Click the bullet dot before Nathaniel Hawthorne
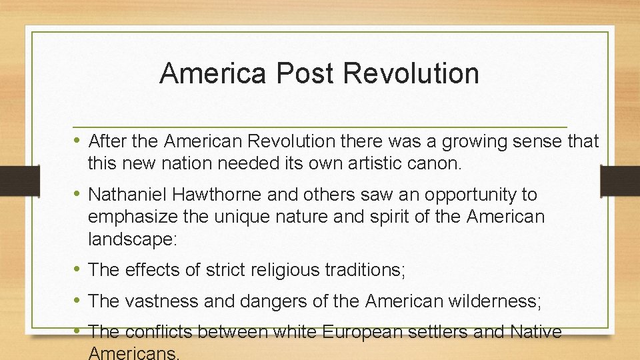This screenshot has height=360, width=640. pyautogui.click(x=78, y=195)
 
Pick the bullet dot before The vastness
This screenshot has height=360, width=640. pyautogui.click(x=78, y=301)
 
